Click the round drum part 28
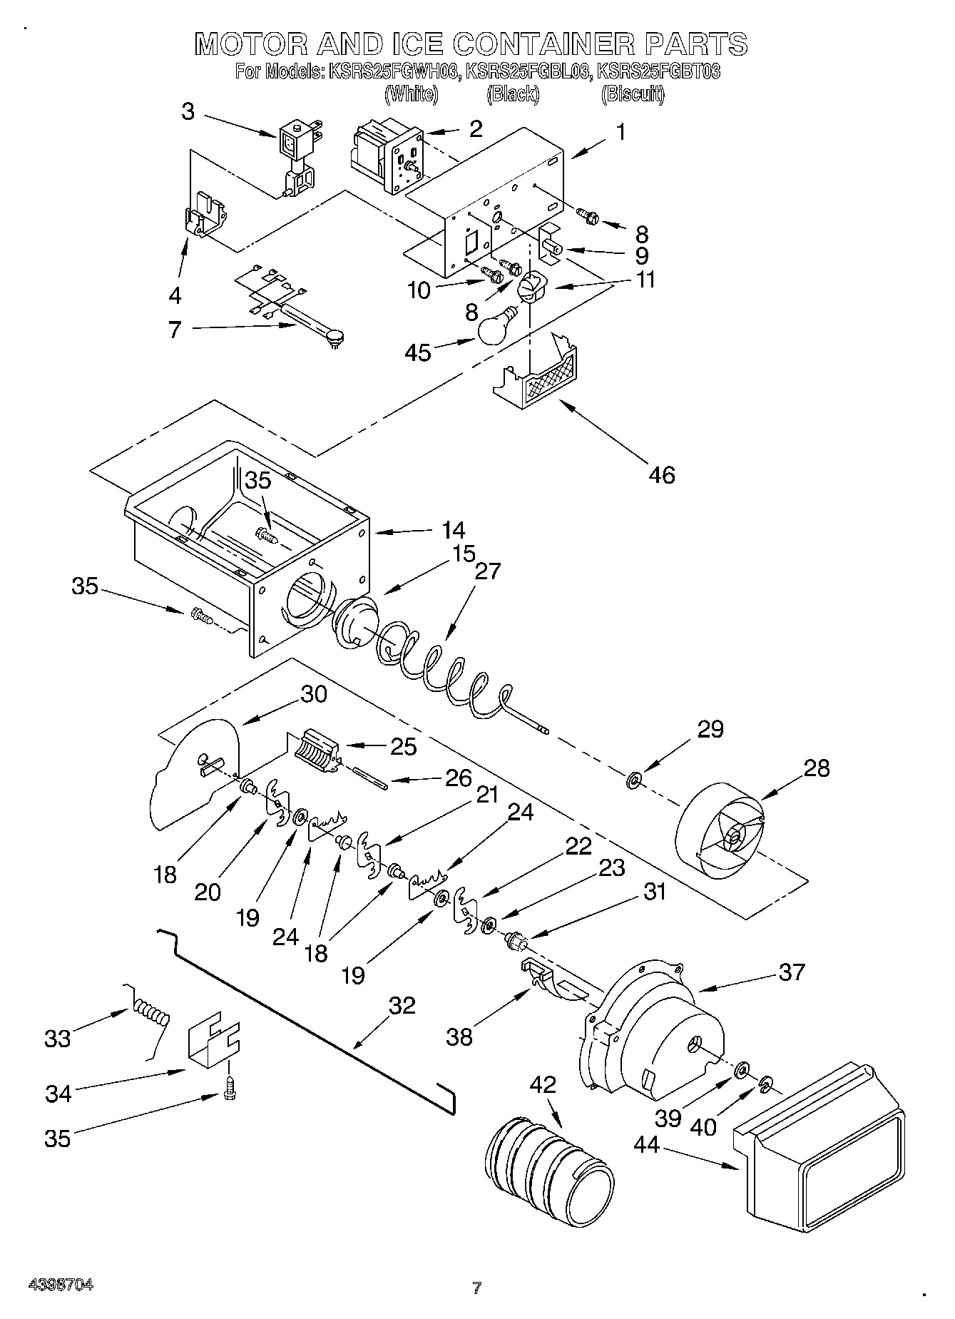pyautogui.click(x=720, y=831)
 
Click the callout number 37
pyautogui.click(x=791, y=972)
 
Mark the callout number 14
pyautogui.click(x=453, y=530)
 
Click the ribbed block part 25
pyautogui.click(x=315, y=752)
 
